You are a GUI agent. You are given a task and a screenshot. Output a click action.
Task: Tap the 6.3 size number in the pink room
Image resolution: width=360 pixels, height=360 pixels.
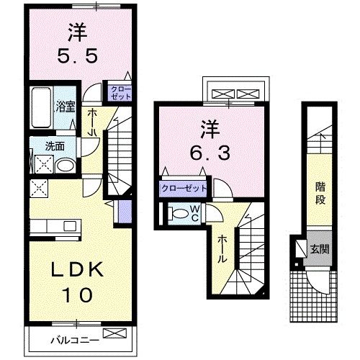pyautogui.click(x=206, y=153)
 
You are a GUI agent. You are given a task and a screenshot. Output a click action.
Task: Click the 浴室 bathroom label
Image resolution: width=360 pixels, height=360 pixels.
pyautogui.click(x=66, y=108)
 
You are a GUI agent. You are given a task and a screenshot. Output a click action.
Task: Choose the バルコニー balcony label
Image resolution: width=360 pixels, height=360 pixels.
pyautogui.click(x=70, y=339)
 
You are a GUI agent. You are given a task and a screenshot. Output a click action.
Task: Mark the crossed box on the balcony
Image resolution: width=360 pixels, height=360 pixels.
pyautogui.click(x=113, y=333)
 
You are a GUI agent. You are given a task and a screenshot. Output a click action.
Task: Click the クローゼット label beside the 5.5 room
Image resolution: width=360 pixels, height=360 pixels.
pyautogui.click(x=118, y=91)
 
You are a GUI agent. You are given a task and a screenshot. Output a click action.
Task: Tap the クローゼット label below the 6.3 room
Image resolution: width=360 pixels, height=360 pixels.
pyautogui.click(x=184, y=189)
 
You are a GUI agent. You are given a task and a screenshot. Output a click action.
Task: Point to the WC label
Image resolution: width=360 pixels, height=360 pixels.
pyautogui.click(x=194, y=214)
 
